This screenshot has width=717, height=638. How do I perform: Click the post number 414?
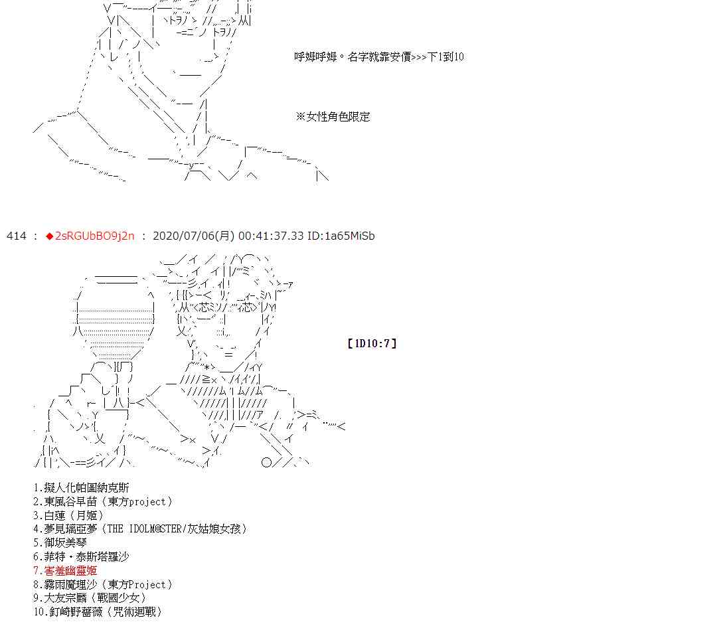[x=16, y=236]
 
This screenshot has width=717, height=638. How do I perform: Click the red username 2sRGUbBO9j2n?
[x=94, y=236]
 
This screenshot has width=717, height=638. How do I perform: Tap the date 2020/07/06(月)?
[x=193, y=236]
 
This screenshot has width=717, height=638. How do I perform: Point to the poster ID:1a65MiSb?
[x=341, y=236]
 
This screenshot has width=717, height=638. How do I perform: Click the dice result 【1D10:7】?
[x=371, y=343]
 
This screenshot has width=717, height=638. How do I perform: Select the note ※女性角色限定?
[x=333, y=117]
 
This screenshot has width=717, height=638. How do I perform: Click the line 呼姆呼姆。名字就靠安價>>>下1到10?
[x=378, y=57]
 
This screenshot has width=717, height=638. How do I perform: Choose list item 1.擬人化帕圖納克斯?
[x=81, y=488]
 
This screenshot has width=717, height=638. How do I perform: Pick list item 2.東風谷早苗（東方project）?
[x=103, y=502]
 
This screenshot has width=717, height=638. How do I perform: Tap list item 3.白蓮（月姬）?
[x=68, y=515]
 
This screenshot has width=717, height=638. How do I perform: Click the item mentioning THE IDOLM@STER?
[x=140, y=529]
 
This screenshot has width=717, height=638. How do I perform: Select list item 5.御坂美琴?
[x=60, y=542]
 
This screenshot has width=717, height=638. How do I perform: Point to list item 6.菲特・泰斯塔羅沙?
[x=81, y=556]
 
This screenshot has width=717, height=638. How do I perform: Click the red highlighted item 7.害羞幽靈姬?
[x=65, y=570]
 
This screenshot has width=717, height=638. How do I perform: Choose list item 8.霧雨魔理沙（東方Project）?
[x=103, y=584]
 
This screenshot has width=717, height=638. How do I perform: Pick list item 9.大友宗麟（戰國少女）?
[x=90, y=598]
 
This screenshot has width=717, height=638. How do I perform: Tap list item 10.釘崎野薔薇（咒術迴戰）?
[x=98, y=612]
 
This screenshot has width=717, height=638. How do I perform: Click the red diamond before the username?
[x=50, y=236]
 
